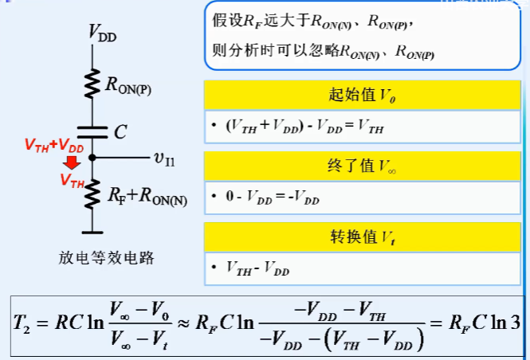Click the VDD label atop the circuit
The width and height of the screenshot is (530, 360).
103,33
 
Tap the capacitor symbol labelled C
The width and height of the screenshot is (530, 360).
93,131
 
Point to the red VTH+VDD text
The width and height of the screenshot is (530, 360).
53,147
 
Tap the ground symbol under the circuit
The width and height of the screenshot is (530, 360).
93,233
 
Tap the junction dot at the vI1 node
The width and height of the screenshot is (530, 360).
93,158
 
